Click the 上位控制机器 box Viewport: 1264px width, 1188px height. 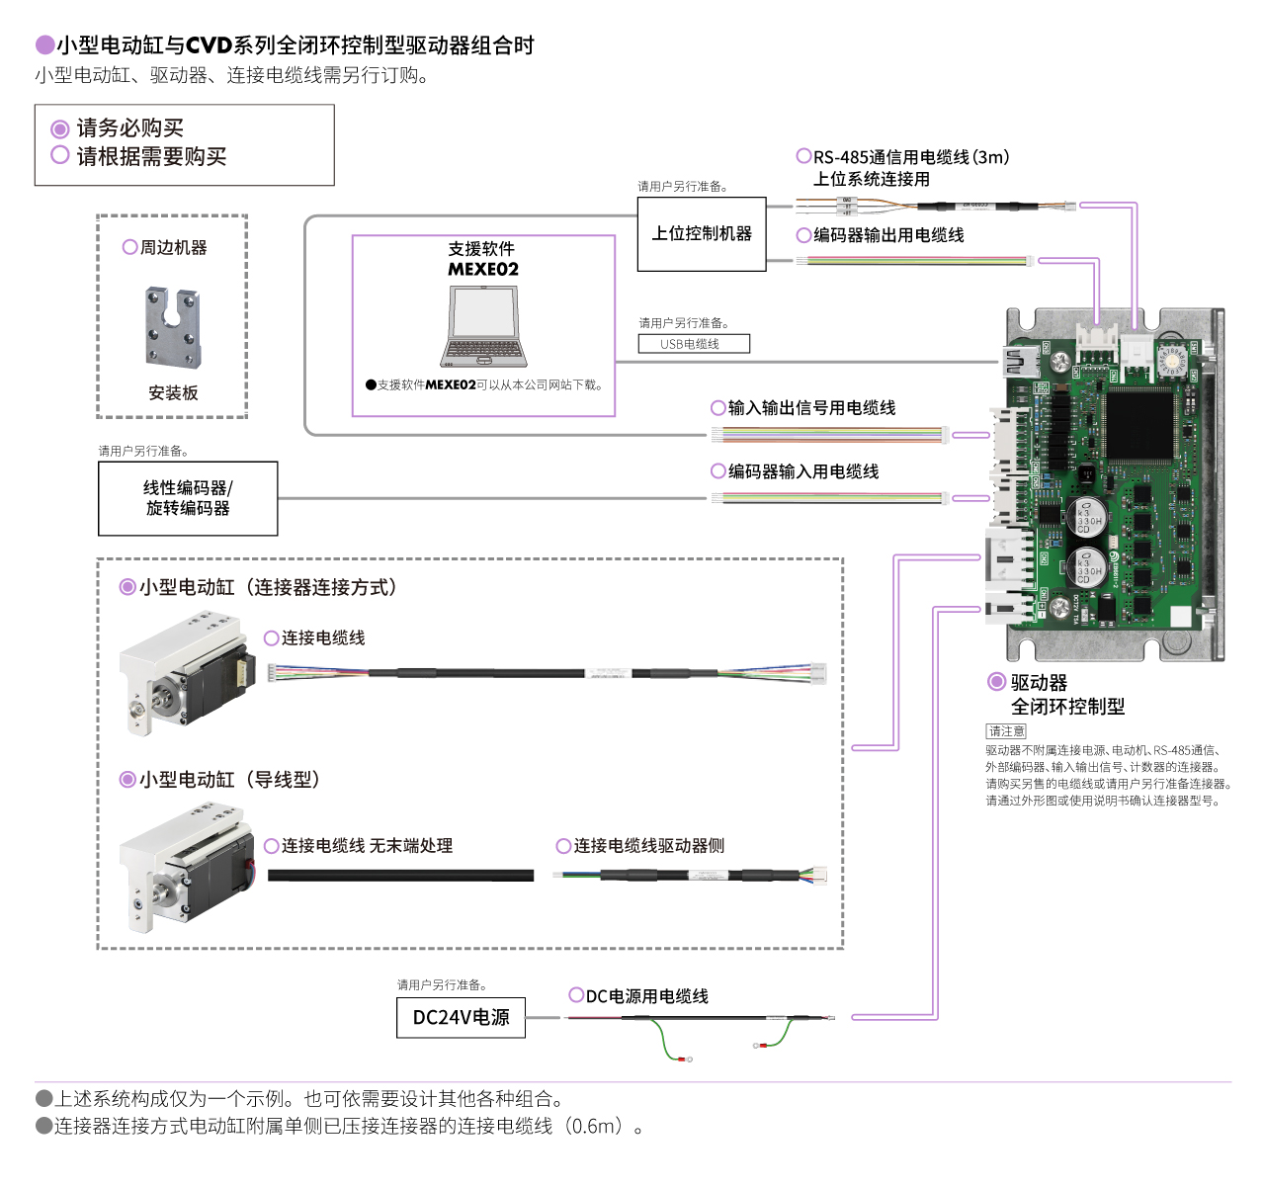click(702, 234)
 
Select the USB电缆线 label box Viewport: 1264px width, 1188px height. click(693, 344)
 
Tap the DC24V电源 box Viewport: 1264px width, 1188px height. click(461, 1017)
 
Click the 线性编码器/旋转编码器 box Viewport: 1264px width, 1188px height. click(188, 498)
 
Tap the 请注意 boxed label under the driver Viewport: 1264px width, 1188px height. click(1006, 731)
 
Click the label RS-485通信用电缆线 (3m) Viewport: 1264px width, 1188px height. click(910, 157)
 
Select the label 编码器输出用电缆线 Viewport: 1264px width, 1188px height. click(887, 235)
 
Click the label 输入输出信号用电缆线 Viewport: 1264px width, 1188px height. click(811, 408)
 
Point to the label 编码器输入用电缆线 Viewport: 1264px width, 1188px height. click(802, 472)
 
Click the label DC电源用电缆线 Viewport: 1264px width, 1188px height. click(646, 996)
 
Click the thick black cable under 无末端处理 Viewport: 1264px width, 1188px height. click(400, 876)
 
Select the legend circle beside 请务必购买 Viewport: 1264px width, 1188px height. click(60, 128)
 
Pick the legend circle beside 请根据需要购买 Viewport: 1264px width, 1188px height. click(60, 155)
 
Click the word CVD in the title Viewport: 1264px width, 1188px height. click(209, 45)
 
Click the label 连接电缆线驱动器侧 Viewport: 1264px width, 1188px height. click(648, 846)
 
